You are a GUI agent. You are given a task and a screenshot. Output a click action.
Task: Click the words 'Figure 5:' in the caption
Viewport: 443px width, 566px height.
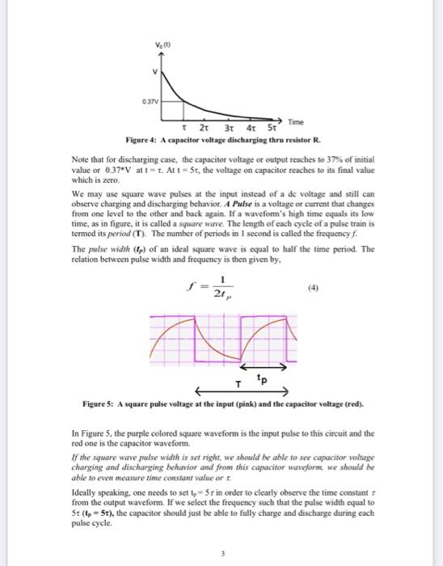[x=99, y=403]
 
